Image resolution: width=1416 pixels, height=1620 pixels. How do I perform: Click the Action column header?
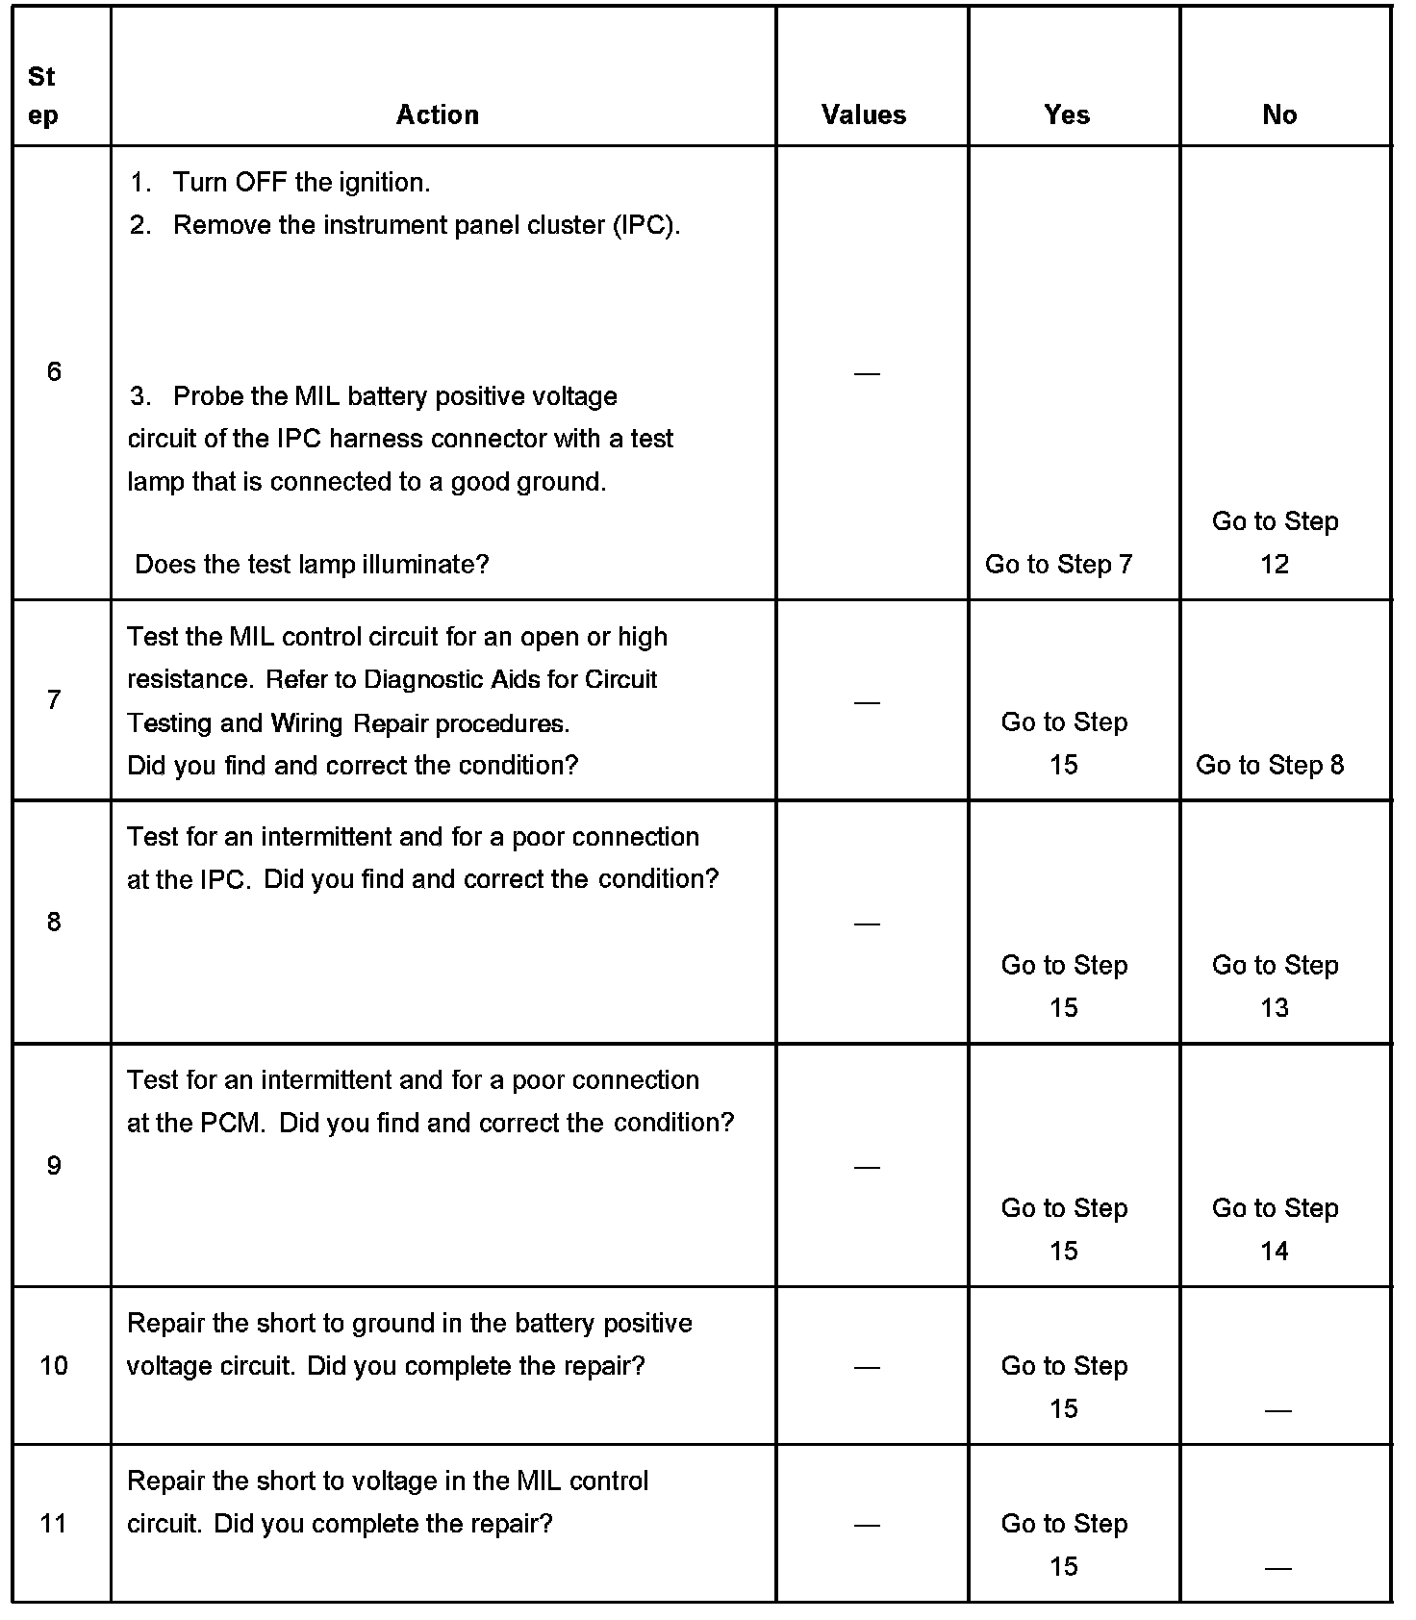coord(438,114)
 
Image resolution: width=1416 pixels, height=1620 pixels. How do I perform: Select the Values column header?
coord(864,114)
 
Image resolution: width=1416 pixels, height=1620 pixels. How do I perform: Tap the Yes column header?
coord(1067,114)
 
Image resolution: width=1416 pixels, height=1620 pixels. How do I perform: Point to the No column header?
coord(1279,114)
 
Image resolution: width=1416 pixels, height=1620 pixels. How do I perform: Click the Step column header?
coord(42,95)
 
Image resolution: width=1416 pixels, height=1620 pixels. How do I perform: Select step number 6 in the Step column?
coord(54,371)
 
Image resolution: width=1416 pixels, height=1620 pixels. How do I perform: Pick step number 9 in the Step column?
coord(54,1166)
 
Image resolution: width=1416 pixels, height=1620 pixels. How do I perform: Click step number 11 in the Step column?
coord(54,1524)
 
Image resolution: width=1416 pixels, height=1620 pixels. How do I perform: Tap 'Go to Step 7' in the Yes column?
coord(1058,564)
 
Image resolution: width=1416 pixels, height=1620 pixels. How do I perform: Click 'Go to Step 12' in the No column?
coord(1275,543)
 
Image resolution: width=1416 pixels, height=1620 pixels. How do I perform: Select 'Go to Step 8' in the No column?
coord(1270,765)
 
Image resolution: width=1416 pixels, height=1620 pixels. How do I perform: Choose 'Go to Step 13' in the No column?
coord(1275,986)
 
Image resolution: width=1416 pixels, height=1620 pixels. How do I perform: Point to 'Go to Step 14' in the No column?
coord(1275,1229)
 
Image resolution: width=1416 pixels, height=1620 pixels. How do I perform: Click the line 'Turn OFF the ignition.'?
coord(301,182)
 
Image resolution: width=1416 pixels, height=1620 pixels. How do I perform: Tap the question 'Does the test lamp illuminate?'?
coord(312,564)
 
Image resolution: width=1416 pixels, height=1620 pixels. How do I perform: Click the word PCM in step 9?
coord(231,1123)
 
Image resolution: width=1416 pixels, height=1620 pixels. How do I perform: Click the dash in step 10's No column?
coord(1277,1410)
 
